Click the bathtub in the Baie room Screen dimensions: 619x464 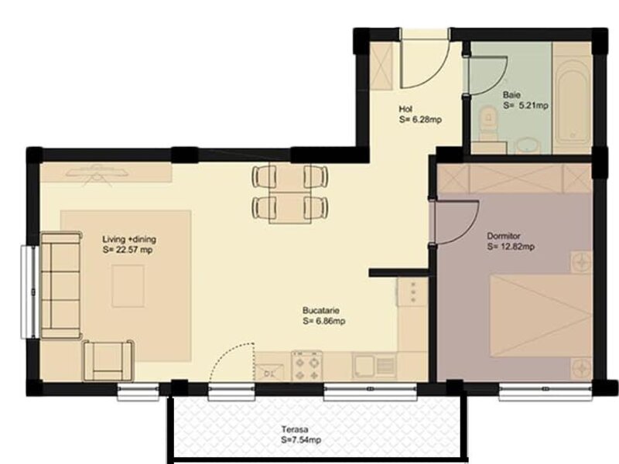coord(573,104)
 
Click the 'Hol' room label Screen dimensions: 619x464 coord(405,109)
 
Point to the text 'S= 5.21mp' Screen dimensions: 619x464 coord(525,105)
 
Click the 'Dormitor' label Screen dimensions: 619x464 coord(504,236)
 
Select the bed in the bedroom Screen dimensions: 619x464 coord(541,316)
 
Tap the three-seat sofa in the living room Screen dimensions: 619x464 coord(61,285)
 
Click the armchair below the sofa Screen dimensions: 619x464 coord(108,361)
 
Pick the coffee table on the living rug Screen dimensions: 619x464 coord(128,286)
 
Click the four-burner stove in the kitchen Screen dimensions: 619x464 coord(306,366)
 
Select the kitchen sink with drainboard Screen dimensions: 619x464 coord(374,366)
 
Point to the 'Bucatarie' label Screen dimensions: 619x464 coord(321,311)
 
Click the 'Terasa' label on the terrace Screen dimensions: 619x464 coord(295,429)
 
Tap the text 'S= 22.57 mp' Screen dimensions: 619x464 coord(128,250)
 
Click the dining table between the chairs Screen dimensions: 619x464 coord(289,194)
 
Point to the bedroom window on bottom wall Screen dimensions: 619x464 coord(545,389)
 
